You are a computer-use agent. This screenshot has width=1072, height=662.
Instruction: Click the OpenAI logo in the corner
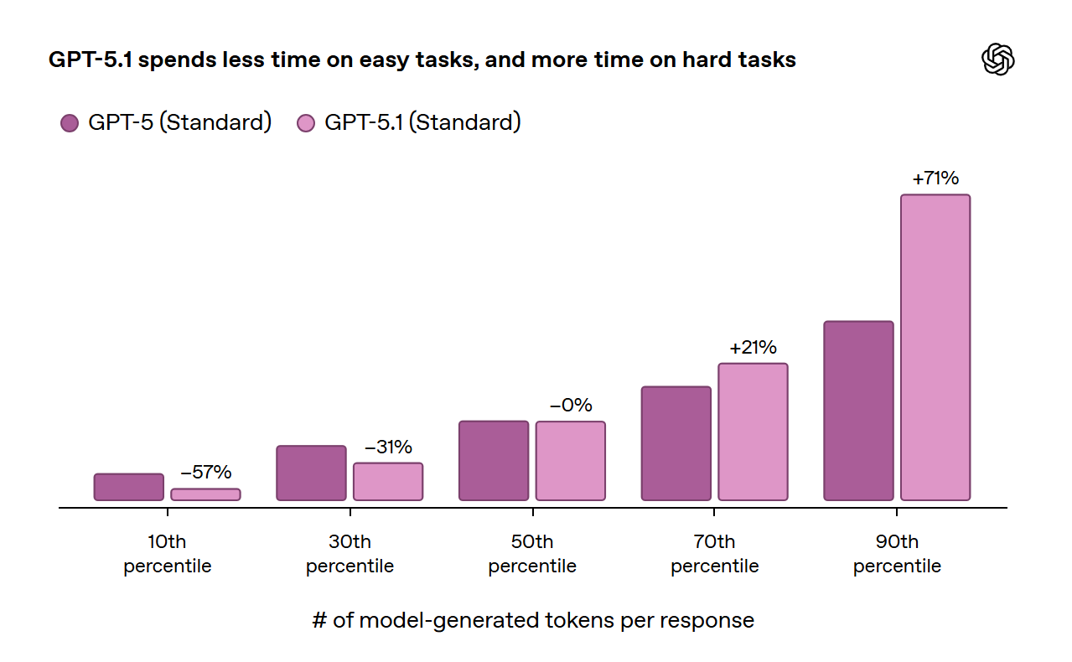pos(997,59)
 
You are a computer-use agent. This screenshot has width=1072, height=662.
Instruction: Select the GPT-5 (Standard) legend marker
pos(70,123)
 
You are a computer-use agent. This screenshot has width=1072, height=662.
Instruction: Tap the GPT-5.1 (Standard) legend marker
pos(306,123)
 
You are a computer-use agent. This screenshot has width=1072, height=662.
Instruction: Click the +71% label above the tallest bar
pos(935,178)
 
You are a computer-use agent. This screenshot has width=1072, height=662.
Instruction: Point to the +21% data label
pos(753,348)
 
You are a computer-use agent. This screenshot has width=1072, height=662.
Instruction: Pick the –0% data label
pos(571,406)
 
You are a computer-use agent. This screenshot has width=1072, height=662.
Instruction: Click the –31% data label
pos(388,447)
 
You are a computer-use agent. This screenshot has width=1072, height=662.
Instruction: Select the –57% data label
pos(206,473)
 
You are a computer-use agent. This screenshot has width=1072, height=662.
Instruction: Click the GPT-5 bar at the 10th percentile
pos(129,487)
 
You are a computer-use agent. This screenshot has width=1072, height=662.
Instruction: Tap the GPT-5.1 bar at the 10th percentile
pos(206,494)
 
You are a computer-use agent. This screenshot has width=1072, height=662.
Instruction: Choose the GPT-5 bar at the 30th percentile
pos(311,473)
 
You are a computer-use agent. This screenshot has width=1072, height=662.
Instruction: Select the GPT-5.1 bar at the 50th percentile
pos(571,461)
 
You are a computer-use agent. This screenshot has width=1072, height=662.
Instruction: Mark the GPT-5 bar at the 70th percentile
pos(676,443)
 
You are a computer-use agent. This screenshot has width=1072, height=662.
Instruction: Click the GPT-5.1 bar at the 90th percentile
pos(935,347)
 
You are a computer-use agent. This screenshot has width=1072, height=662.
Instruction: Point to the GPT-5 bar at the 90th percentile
pos(858,411)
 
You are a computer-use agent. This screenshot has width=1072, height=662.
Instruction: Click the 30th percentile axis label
pos(350,554)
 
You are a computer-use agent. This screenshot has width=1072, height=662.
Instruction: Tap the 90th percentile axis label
pos(897,554)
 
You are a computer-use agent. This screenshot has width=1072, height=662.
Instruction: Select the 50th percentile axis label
pos(532,554)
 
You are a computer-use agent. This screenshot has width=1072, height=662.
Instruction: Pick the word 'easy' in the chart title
pos(384,60)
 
